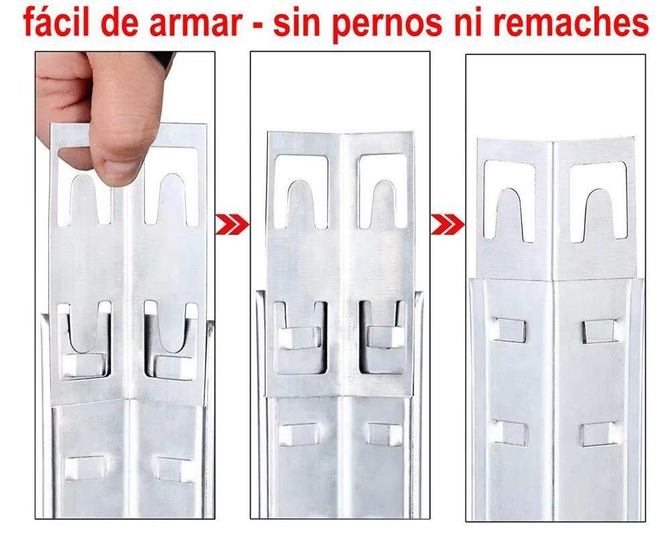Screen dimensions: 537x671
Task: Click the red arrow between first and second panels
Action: click(231, 222)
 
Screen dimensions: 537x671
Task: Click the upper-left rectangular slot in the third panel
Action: click(511, 328)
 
